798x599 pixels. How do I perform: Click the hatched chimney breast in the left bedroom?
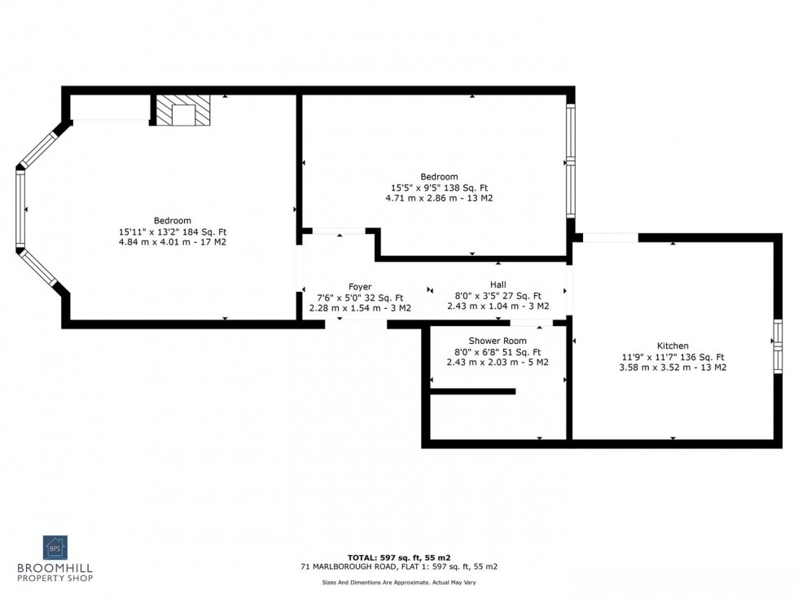click(183, 110)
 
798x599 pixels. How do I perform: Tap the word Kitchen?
click(673, 346)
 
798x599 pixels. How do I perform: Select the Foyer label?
click(360, 287)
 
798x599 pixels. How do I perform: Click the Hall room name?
click(498, 284)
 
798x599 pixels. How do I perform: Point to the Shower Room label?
click(498, 341)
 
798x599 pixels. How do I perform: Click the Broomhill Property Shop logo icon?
click(55, 547)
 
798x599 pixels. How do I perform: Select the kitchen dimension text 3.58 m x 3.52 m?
click(673, 368)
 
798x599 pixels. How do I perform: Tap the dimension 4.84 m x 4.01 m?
click(173, 242)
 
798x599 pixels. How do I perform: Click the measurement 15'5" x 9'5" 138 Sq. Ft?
click(439, 187)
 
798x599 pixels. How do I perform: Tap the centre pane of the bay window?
click(20, 209)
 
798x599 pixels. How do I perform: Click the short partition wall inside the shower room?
click(472, 391)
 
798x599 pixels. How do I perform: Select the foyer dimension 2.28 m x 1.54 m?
click(360, 308)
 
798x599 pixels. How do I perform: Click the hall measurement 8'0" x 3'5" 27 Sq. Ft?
click(498, 296)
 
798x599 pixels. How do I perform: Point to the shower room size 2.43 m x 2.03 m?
click(498, 362)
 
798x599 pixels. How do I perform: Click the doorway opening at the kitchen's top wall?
click(610, 238)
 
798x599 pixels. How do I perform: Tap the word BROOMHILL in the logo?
click(55, 568)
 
